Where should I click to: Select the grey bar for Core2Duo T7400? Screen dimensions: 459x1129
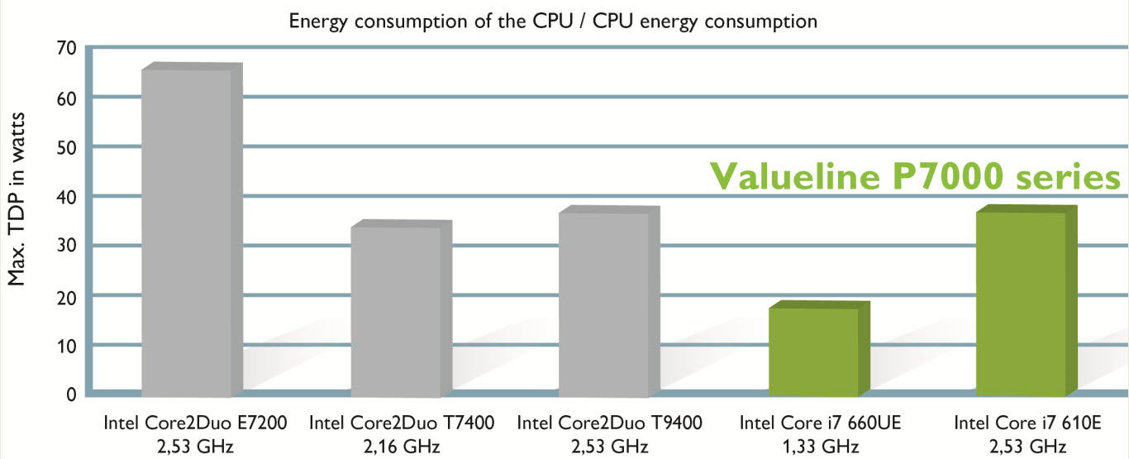click(395, 309)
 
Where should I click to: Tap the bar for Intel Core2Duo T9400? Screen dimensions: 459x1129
click(603, 303)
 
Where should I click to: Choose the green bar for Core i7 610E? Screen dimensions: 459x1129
click(1021, 303)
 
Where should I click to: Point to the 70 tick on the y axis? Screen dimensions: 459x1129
click(65, 48)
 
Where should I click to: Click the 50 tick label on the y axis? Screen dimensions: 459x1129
click(65, 146)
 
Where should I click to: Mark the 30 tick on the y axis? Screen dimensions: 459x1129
click(65, 246)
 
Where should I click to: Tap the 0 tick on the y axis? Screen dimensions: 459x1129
click(70, 394)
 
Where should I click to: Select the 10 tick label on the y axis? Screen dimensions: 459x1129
click(65, 344)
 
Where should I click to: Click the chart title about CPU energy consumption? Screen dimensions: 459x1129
click(552, 22)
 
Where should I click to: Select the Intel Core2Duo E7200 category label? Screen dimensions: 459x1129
click(195, 423)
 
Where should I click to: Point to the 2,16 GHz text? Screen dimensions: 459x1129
click(402, 447)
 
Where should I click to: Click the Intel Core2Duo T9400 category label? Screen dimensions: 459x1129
click(609, 423)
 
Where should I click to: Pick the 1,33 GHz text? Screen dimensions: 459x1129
click(817, 447)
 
